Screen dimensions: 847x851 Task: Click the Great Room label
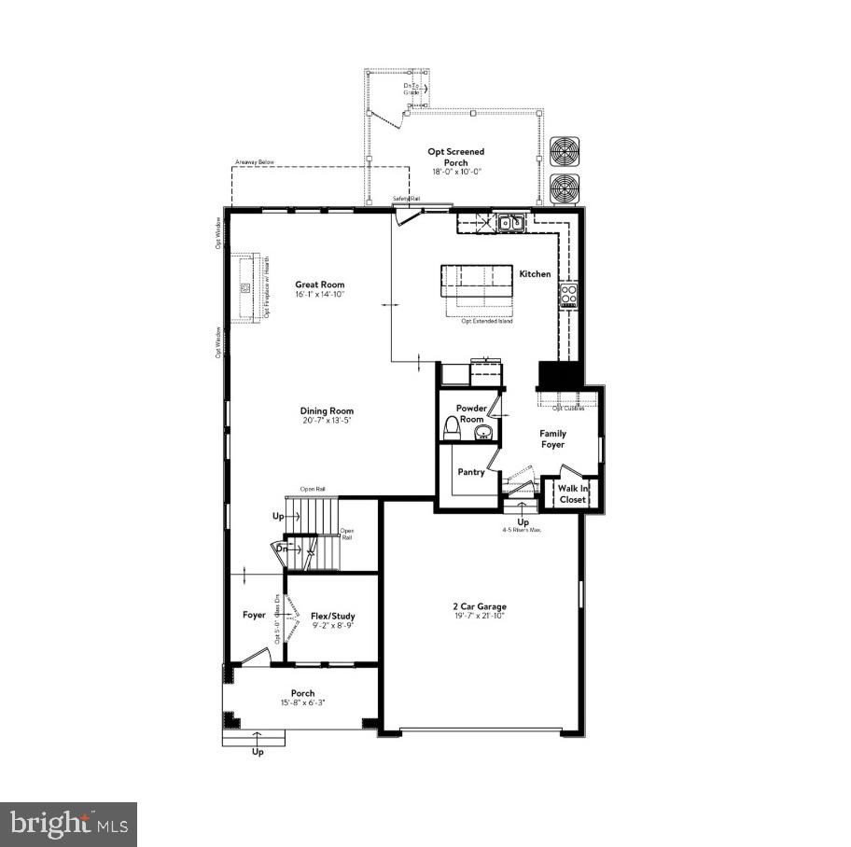(x=320, y=285)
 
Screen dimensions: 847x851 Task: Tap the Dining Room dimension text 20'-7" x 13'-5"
(x=327, y=421)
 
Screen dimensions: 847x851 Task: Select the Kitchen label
(x=535, y=273)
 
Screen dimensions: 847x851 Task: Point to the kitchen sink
(x=509, y=223)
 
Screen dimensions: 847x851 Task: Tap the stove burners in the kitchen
(x=568, y=296)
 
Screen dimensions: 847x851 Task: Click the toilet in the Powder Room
(x=453, y=428)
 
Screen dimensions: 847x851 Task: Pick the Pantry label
(x=471, y=472)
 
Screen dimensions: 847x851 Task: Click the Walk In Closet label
(x=573, y=493)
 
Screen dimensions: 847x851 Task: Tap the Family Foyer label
(x=552, y=438)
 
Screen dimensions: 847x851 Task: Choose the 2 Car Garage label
(x=480, y=606)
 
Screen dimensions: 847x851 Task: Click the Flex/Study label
(x=332, y=616)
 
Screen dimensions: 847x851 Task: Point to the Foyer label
(x=255, y=615)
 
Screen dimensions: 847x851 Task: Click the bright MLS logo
(x=69, y=824)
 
